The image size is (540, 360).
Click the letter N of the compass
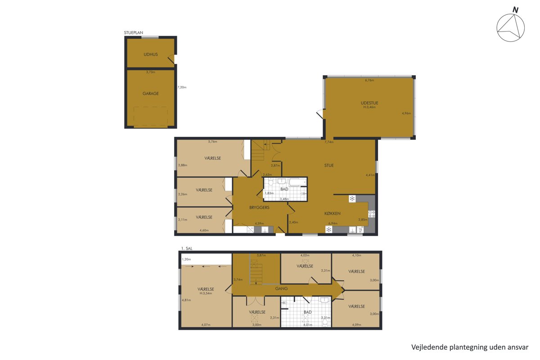(515, 10)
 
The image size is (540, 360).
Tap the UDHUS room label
(151, 54)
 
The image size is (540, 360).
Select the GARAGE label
(151, 94)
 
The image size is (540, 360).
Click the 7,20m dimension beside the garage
(182, 87)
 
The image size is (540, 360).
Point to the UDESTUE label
(369, 103)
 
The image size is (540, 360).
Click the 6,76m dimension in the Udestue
(369, 80)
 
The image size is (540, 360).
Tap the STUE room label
(329, 166)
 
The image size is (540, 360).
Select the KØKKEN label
(333, 213)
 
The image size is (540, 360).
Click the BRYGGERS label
(259, 207)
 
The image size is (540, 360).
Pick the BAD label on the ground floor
(284, 189)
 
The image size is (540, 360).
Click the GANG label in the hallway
(281, 288)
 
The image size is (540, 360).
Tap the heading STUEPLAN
(133, 32)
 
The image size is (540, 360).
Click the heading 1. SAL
(187, 248)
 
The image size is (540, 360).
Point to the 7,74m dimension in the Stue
(329, 142)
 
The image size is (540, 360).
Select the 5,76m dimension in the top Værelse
(212, 142)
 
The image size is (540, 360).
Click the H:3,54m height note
(206, 293)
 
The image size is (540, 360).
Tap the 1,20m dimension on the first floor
(186, 260)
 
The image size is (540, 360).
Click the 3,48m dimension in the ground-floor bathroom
(284, 199)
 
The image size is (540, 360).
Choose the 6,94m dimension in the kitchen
(333, 223)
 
